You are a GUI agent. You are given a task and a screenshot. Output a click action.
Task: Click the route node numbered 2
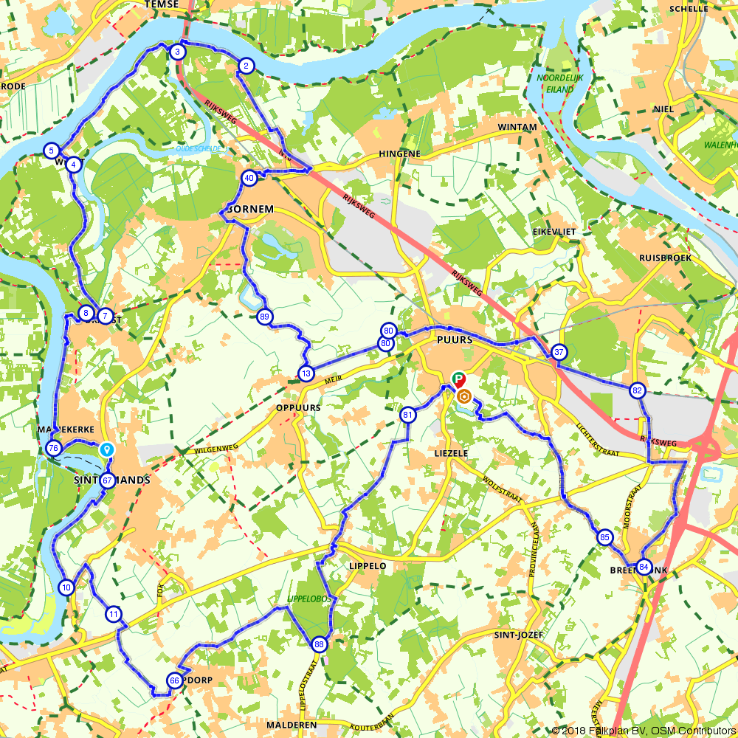tap(246, 66)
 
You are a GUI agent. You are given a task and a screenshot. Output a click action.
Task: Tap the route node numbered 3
tap(177, 52)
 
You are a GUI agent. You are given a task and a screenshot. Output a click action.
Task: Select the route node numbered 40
tap(249, 177)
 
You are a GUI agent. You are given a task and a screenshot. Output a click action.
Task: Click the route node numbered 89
tap(265, 317)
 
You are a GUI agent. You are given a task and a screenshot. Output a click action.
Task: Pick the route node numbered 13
tap(306, 373)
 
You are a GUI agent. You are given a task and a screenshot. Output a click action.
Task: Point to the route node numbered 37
tap(559, 352)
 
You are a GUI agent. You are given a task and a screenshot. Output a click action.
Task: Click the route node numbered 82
tap(638, 390)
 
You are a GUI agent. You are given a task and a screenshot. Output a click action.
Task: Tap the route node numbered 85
tap(604, 537)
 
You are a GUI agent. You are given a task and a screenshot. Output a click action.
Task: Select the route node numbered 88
tap(319, 644)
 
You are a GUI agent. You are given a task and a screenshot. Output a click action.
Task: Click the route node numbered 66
tap(175, 680)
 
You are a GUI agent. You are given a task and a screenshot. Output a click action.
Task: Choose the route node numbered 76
tap(53, 448)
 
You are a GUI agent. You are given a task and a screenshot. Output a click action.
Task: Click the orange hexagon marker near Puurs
tap(464, 397)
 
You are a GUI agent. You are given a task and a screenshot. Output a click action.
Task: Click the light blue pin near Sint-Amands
tap(107, 448)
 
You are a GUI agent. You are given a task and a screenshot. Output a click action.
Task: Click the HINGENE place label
tap(399, 154)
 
